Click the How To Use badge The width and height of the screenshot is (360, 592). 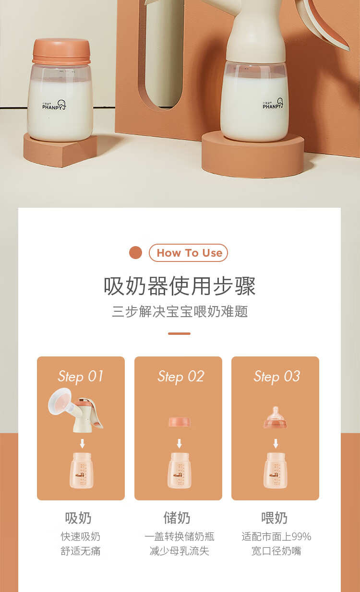(x=189, y=253)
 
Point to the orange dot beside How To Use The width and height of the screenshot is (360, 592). (x=136, y=253)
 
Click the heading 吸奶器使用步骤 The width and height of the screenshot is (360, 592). (x=180, y=286)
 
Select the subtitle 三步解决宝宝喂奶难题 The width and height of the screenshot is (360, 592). (x=180, y=312)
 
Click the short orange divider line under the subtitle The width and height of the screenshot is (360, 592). (x=180, y=333)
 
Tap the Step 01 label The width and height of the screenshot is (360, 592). (x=81, y=377)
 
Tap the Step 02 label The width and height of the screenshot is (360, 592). (x=181, y=377)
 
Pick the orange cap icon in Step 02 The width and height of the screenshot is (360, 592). (x=180, y=422)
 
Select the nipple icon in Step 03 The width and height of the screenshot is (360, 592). (x=275, y=418)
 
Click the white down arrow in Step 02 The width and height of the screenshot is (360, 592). (x=180, y=443)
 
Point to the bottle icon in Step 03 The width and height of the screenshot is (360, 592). (x=276, y=471)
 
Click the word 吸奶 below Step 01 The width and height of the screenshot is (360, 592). (x=78, y=518)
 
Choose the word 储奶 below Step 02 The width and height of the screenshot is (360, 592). (x=177, y=518)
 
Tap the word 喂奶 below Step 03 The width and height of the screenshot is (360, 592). (x=275, y=518)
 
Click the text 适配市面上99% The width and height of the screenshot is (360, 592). (x=276, y=536)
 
